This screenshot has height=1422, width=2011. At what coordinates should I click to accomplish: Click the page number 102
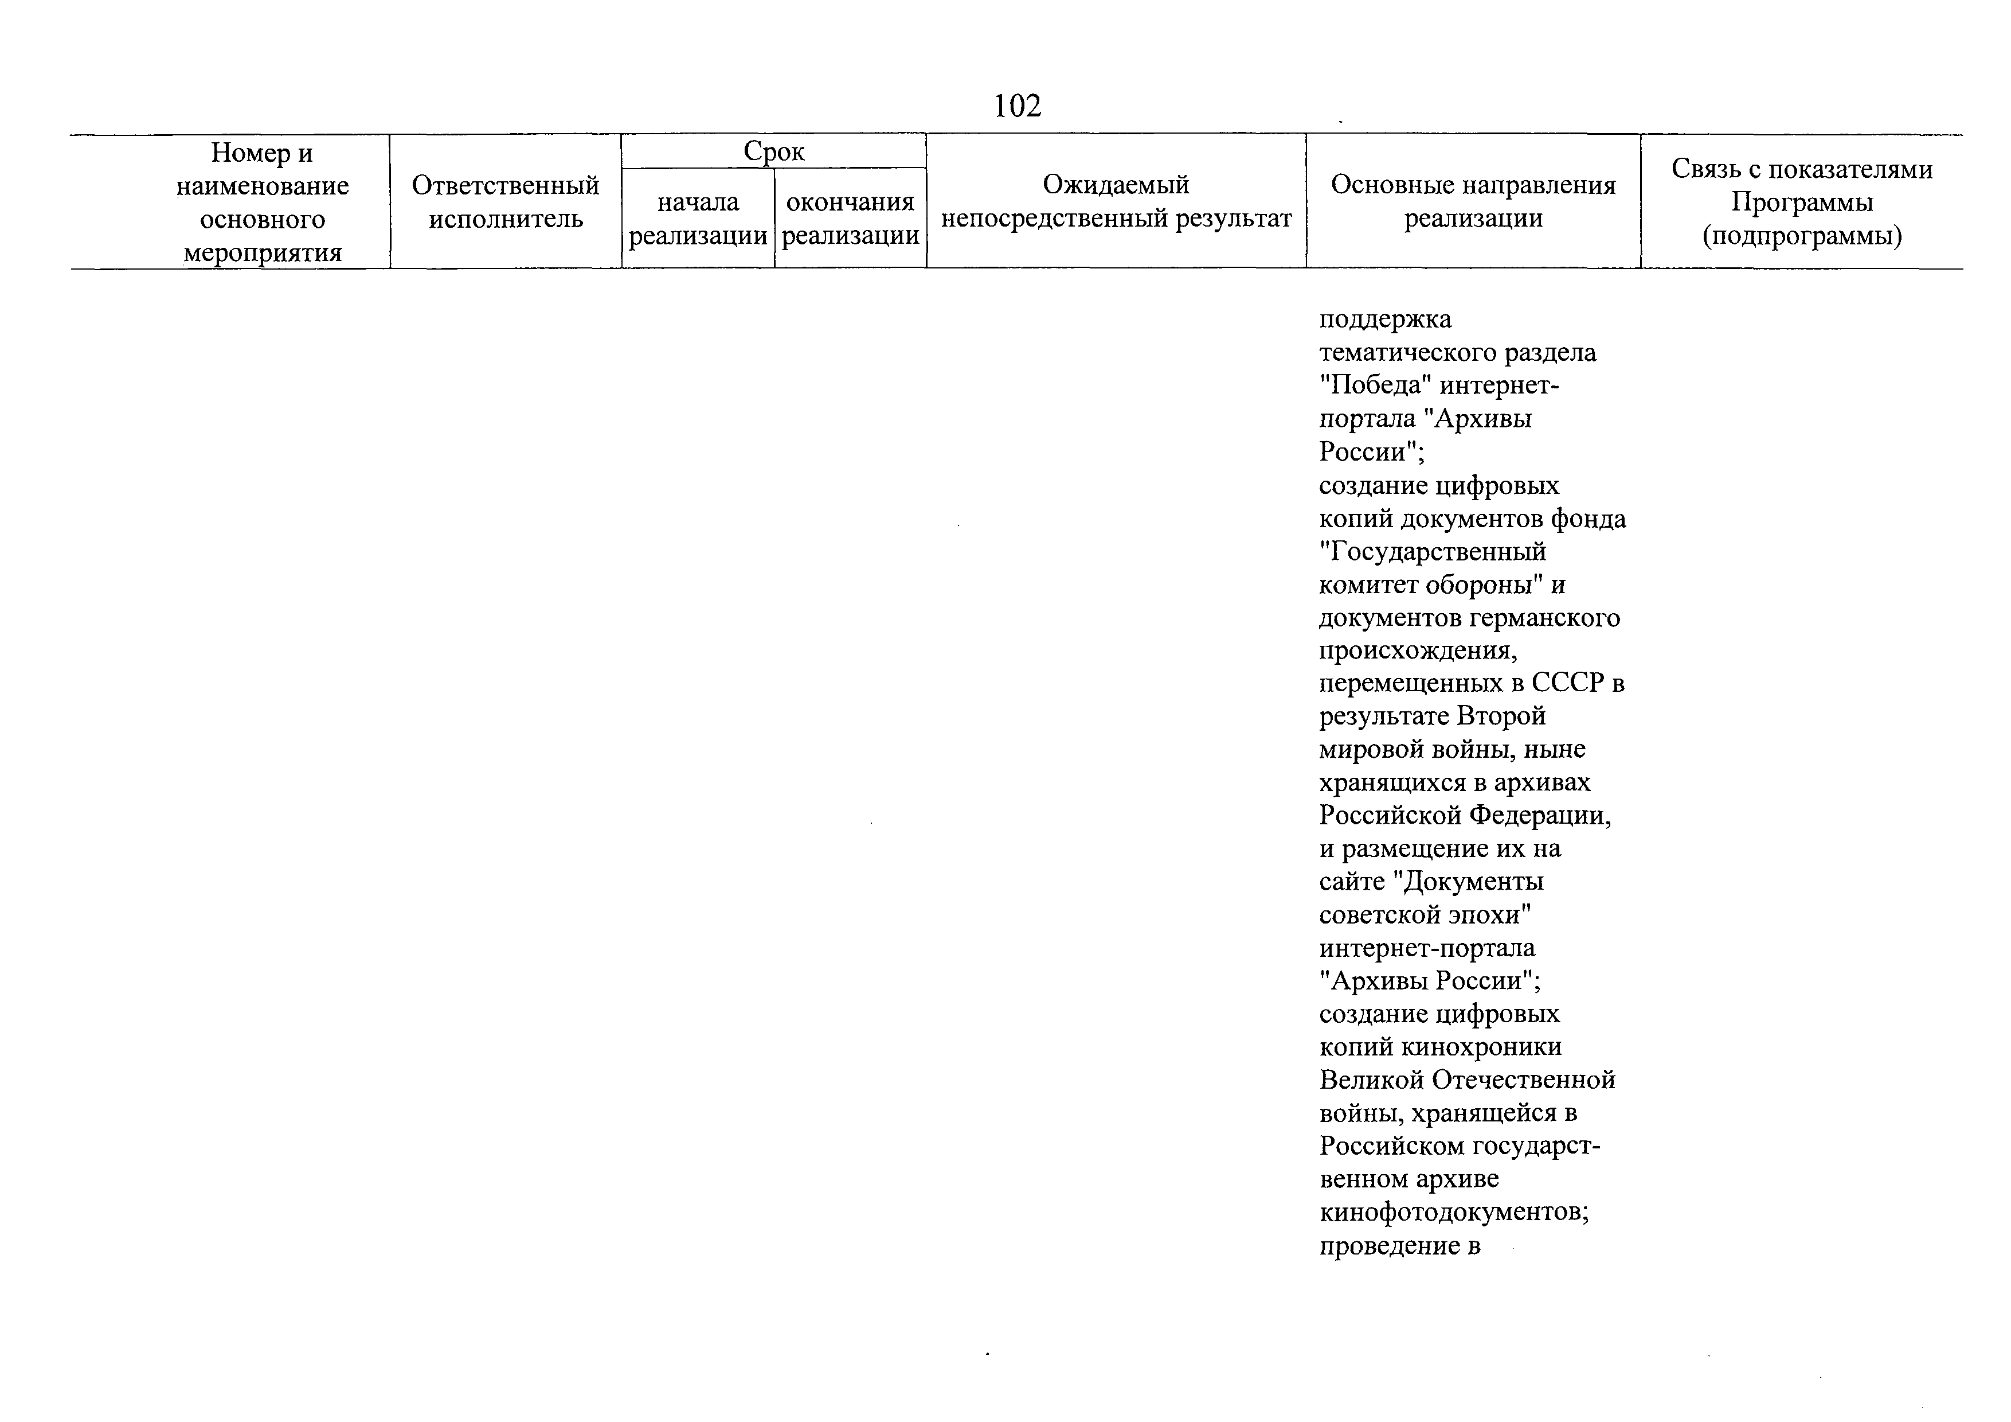pyautogui.click(x=1017, y=106)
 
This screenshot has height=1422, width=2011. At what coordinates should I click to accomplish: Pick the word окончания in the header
pyautogui.click(x=850, y=202)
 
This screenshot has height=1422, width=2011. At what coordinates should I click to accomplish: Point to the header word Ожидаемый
pyautogui.click(x=1116, y=185)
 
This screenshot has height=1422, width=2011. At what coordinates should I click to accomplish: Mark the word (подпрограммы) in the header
pyautogui.click(x=1802, y=236)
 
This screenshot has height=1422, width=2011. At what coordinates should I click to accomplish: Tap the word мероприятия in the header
pyautogui.click(x=263, y=253)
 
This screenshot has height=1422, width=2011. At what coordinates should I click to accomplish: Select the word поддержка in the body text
pyautogui.click(x=1385, y=319)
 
